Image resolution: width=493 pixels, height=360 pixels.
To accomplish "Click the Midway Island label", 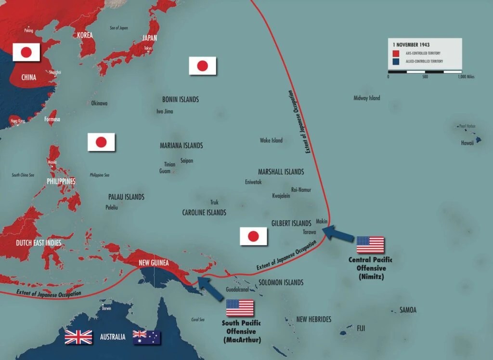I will pos(367,98).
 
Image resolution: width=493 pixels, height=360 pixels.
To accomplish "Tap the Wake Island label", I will pos(271,141).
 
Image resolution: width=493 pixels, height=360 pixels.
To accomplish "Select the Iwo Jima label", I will pos(165,112).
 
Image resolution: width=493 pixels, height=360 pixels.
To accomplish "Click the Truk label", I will pos(214,203).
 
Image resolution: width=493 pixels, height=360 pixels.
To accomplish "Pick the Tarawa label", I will pos(309,232).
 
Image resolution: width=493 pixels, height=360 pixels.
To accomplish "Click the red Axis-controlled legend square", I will pos(395,53).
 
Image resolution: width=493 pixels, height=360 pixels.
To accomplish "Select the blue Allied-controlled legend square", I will pos(395,62).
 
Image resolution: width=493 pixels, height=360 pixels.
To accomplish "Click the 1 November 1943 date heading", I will pos(411,45).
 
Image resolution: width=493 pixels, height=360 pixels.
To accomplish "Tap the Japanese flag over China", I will pos(26,52).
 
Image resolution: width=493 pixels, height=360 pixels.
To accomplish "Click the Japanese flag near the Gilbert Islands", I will pos(253,236).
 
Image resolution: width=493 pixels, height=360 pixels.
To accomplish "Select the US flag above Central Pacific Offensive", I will pos(370,245).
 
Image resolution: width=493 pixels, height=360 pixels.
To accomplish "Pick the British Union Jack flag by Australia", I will pos(78,337).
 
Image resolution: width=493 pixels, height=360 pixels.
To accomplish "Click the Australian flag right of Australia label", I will pos(147,337).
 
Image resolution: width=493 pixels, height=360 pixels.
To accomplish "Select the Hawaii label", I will pos(467,143).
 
